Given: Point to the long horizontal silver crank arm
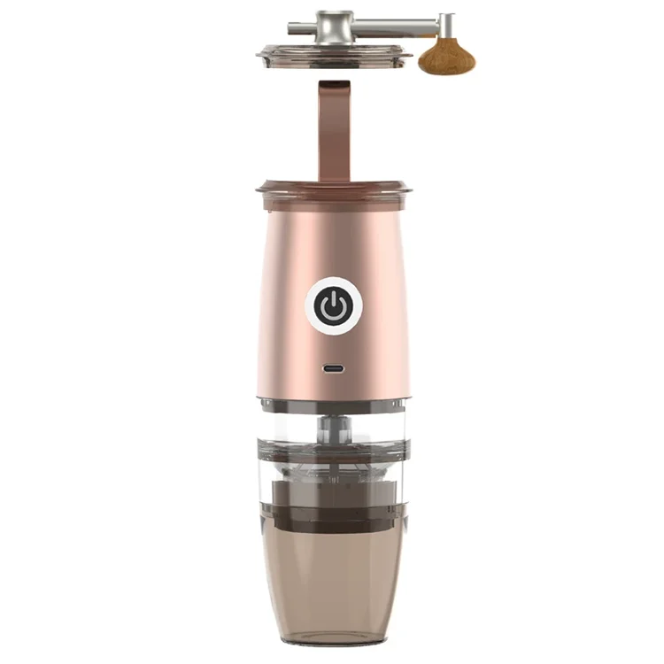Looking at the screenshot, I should coord(398,21).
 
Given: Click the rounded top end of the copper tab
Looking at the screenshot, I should coord(335,86).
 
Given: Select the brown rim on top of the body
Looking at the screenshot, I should coord(334,189).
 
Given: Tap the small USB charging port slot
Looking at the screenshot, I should coord(334,368).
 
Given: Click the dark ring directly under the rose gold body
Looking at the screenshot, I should coord(333,405).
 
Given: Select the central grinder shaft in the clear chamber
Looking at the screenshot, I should coord(333,429).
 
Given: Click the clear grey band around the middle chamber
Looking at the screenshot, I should coord(333,448).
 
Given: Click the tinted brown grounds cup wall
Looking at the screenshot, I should coord(333,575).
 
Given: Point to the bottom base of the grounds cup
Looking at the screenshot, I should coord(333,636).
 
